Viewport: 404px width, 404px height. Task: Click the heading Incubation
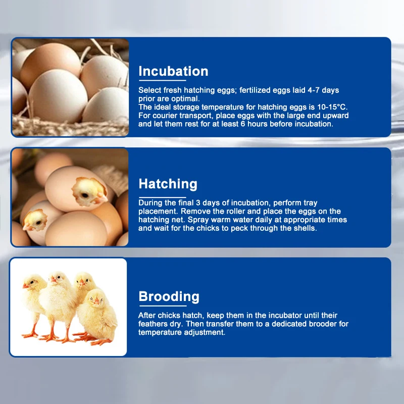pos(173,71)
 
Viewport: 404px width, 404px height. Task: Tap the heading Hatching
pos(168,184)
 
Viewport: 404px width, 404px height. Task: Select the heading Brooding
pos(169,296)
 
